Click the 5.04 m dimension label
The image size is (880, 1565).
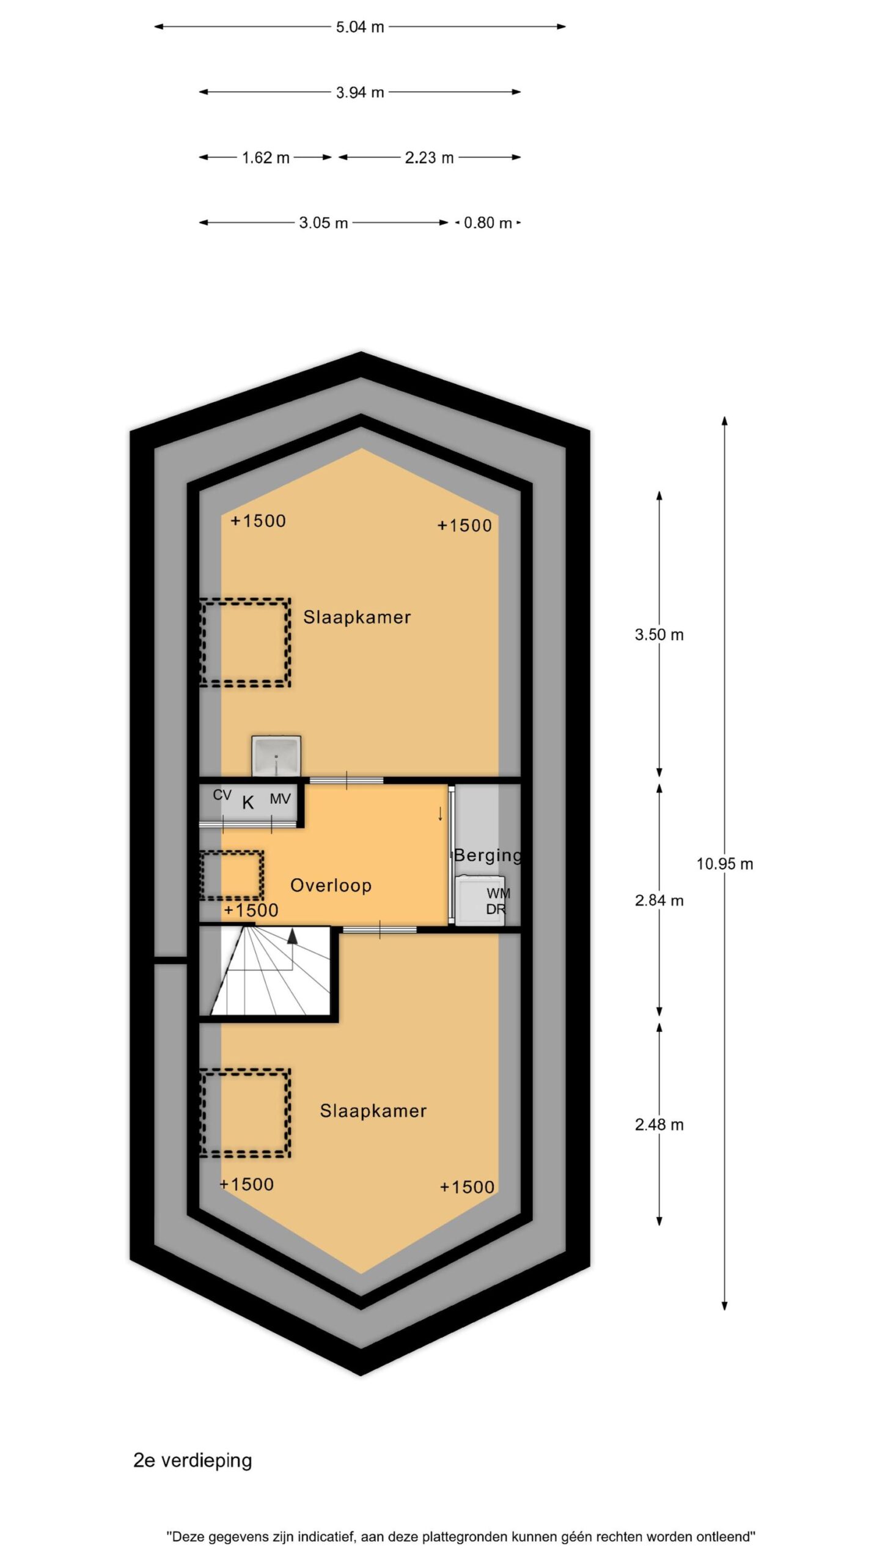tap(359, 27)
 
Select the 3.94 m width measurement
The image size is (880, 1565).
tap(359, 92)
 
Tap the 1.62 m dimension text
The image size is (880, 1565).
tap(265, 158)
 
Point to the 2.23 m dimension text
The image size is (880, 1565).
tap(429, 158)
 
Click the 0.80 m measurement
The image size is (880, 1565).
tap(488, 223)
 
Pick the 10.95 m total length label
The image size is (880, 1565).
tap(725, 864)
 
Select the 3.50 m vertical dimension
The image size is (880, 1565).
tap(659, 635)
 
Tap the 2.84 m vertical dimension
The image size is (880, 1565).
tap(659, 900)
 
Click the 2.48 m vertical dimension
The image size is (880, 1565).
tap(659, 1124)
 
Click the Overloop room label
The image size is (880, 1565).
tap(331, 885)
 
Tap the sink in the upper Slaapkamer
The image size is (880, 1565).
tap(276, 756)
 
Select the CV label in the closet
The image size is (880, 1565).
tap(222, 795)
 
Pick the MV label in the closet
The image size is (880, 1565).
tap(280, 798)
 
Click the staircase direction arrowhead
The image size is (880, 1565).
tap(293, 935)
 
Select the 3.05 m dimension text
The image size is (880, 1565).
tap(323, 223)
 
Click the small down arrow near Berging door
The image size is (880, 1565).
tap(440, 814)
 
